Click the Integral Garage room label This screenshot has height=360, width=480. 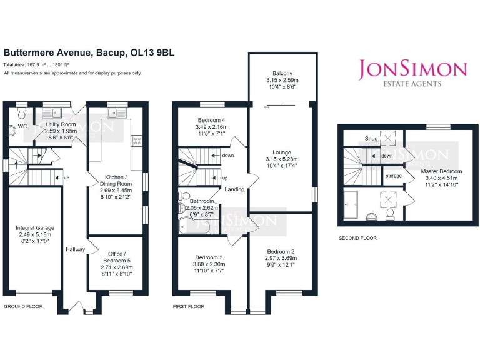click(35, 228)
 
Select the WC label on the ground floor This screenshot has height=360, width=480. click(22, 126)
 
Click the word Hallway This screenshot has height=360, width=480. click(75, 250)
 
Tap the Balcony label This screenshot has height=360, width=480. click(282, 72)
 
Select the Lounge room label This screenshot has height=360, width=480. click(282, 152)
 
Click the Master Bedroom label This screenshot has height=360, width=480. click(441, 171)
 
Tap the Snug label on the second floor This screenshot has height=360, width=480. click(371, 138)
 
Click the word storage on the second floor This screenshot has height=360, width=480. click(393, 176)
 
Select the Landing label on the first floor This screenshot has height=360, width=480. click(234, 189)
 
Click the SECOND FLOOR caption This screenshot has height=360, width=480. click(357, 238)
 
